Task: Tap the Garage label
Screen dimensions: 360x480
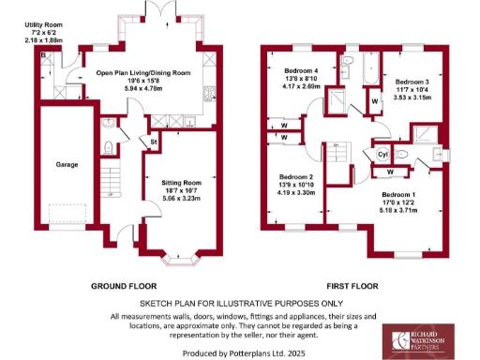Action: pos(66,163)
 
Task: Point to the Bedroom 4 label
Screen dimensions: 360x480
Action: pos(301,71)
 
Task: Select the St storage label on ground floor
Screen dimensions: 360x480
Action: pos(153,142)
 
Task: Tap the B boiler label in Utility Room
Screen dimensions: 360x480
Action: pos(43,55)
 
